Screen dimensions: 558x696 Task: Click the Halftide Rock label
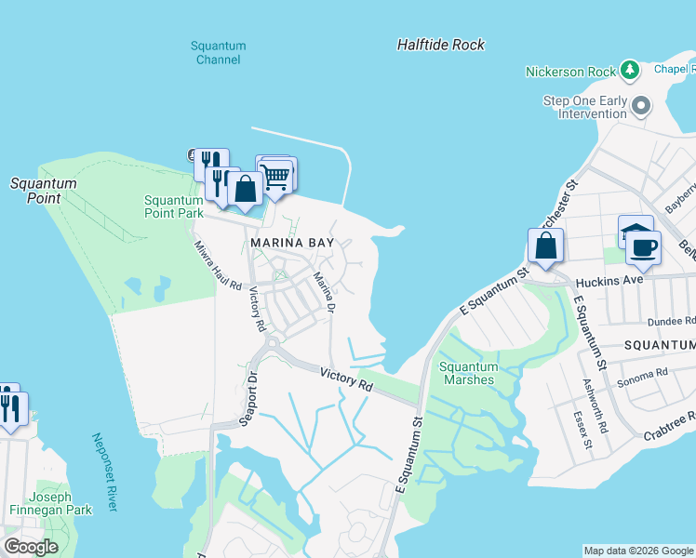pyautogui.click(x=440, y=45)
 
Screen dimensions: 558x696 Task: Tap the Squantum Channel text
pyautogui.click(x=218, y=53)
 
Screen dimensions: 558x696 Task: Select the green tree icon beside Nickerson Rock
pyautogui.click(x=630, y=71)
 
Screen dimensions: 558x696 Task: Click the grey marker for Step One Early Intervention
pyautogui.click(x=640, y=105)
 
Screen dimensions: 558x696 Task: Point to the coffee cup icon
pyautogui.click(x=643, y=248)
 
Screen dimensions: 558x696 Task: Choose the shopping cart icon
pyautogui.click(x=274, y=176)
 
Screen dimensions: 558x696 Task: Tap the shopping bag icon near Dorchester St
pyautogui.click(x=545, y=246)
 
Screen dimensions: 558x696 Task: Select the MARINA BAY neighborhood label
pyautogui.click(x=291, y=243)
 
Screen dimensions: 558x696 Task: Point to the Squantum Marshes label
pyautogui.click(x=468, y=373)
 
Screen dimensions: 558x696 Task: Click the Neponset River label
pyautogui.click(x=104, y=472)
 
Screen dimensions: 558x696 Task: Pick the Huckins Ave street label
pyautogui.click(x=609, y=280)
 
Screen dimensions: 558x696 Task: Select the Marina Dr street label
pyautogui.click(x=323, y=291)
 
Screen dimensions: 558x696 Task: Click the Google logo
pyautogui.click(x=31, y=547)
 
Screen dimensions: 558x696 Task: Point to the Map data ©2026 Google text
pyautogui.click(x=637, y=551)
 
